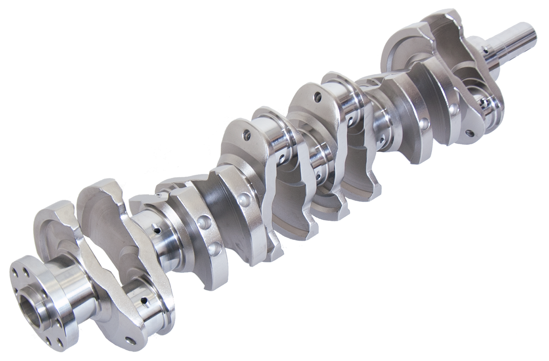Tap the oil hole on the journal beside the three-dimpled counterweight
[156, 230]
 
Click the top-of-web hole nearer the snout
[319, 96]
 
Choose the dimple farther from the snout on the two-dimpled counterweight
[425, 122]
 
